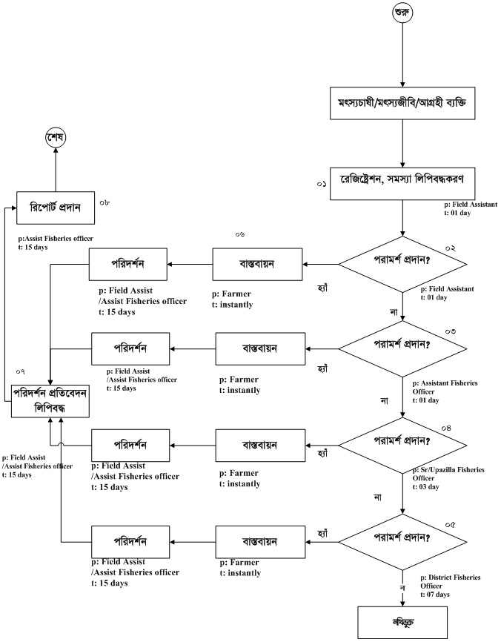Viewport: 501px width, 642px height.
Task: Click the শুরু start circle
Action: click(x=402, y=13)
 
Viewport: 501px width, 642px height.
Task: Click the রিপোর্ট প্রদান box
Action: click(x=56, y=207)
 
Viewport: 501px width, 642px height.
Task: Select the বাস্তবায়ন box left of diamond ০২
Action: click(x=257, y=264)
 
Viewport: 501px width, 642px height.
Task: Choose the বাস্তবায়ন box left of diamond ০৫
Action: click(x=260, y=542)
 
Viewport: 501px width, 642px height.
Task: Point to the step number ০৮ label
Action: click(x=104, y=201)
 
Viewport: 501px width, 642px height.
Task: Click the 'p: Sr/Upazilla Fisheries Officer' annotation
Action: click(x=448, y=474)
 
